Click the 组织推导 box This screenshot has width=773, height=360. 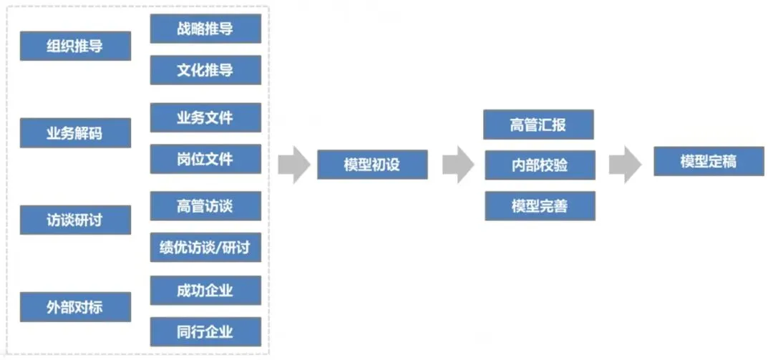[75, 46]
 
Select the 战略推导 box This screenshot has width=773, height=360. [205, 29]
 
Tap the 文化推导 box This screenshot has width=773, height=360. [205, 70]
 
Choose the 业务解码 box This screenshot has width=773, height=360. [75, 133]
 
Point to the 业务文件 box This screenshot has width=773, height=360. [205, 117]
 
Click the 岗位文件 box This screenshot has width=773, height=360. [205, 158]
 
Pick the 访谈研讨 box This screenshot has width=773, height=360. [75, 220]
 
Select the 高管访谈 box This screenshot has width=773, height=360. [205, 206]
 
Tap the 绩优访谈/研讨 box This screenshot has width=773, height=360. [205, 248]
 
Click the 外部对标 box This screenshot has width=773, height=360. [75, 307]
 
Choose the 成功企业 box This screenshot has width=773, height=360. [205, 291]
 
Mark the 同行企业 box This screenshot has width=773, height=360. [205, 332]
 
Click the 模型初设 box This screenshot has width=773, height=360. [371, 165]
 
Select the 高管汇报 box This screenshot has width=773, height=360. [539, 125]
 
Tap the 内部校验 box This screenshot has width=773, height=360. [539, 165]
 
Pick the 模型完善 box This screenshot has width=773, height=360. [539, 205]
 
